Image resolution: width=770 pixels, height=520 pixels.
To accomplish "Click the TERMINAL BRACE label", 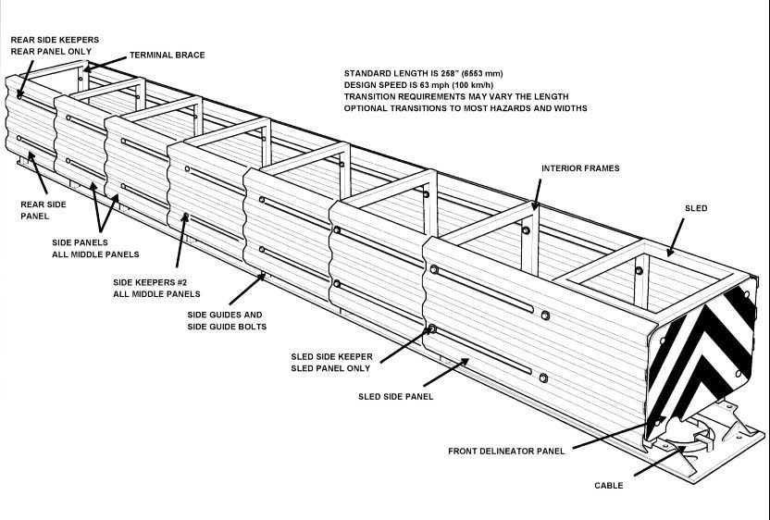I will point(167,56).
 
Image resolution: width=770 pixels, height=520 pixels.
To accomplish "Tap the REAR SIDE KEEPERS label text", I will point(55,41).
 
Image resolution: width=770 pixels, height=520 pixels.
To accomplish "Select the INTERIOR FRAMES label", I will point(580,168).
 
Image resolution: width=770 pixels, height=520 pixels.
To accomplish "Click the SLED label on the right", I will point(695,209).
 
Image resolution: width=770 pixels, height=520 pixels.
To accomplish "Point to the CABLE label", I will point(608,485).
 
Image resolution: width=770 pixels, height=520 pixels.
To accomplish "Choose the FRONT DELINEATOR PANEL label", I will point(505,452).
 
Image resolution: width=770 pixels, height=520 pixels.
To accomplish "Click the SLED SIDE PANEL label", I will point(395,396).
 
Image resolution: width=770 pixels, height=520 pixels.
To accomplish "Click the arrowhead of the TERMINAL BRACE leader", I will point(86,68).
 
